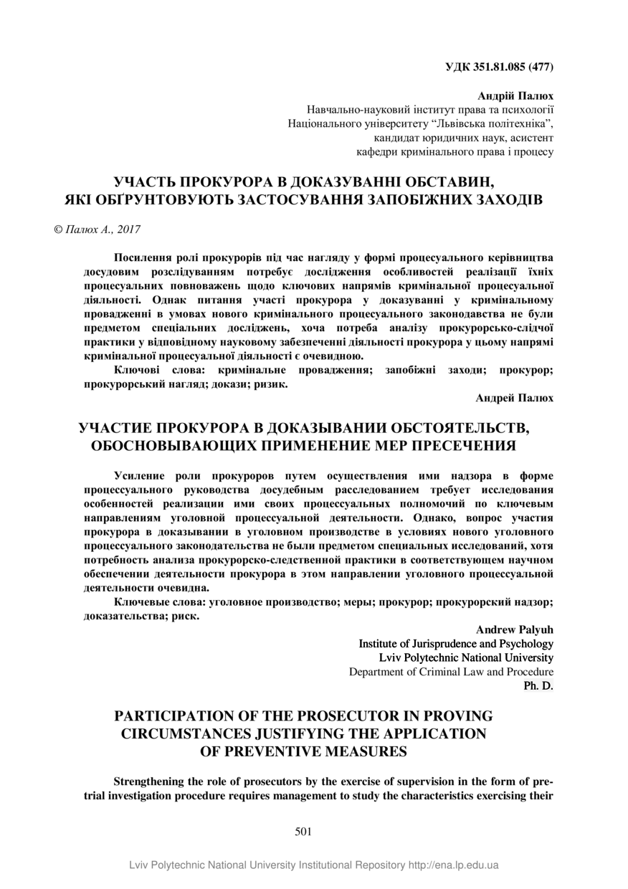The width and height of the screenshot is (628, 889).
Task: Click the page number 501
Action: (303, 832)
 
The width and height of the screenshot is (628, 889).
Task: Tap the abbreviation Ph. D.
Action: (539, 685)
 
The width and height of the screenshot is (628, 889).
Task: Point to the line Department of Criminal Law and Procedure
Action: (451, 672)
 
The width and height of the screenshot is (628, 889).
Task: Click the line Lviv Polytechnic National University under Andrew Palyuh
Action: (466, 657)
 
